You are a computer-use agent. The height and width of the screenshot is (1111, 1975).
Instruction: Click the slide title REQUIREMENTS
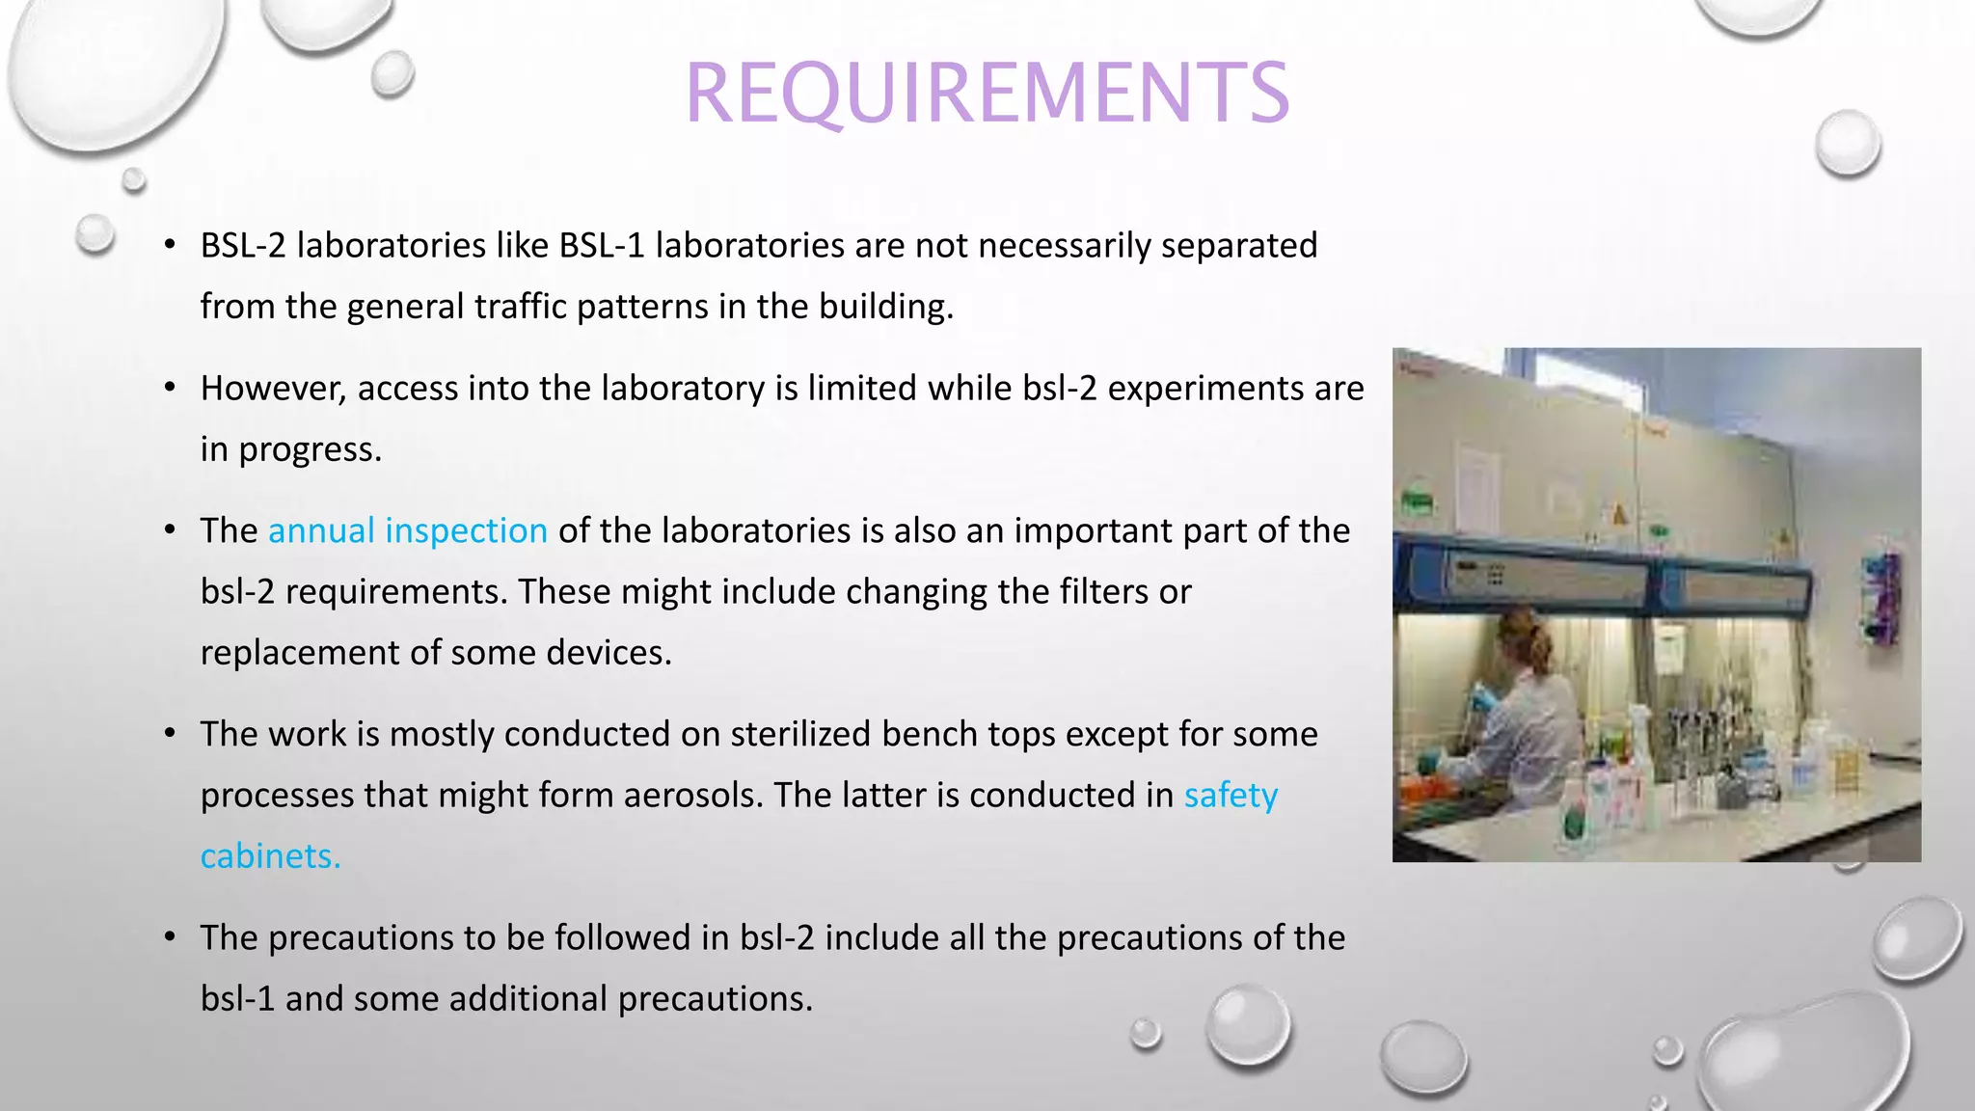tap(987, 93)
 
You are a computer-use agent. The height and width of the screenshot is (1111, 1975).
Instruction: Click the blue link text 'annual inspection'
tap(407, 530)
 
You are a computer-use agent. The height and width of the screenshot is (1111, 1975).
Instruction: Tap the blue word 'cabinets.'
tap(270, 855)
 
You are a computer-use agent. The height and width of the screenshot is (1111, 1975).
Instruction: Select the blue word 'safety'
tap(1231, 795)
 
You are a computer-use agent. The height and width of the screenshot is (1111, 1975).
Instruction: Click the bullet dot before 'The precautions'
tap(170, 936)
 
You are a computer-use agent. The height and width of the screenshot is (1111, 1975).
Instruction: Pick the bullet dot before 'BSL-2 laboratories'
tap(170, 245)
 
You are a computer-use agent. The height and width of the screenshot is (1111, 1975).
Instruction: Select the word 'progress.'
tap(310, 449)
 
